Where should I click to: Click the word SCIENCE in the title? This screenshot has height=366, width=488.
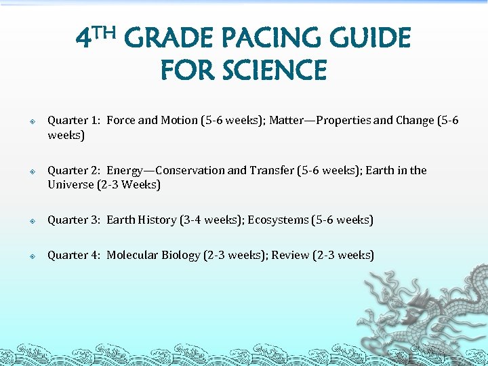pyautogui.click(x=274, y=70)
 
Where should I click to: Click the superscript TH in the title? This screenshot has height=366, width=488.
pyautogui.click(x=106, y=31)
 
